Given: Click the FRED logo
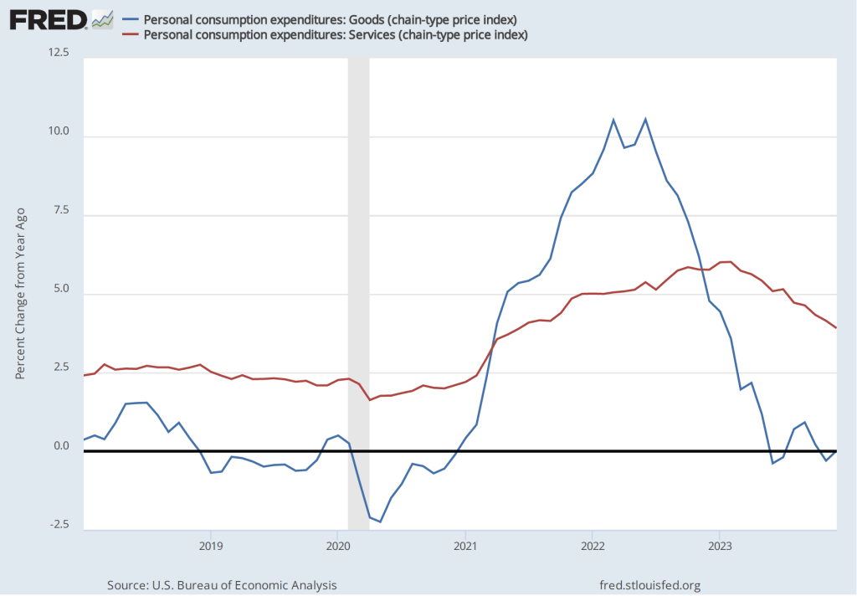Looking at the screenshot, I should pos(49,18).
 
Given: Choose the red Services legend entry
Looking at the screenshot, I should pos(336,34).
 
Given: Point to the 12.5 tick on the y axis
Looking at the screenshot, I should pos(60,54).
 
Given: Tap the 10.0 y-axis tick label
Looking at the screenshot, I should pos(60,132).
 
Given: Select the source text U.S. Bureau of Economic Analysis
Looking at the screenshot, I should pos(222,584).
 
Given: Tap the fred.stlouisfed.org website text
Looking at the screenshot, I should pos(650,584).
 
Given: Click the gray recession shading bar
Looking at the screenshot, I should pos(358,293).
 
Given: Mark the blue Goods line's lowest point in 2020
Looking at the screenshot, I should pos(380,521).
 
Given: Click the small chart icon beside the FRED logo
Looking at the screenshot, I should pos(103,18).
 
